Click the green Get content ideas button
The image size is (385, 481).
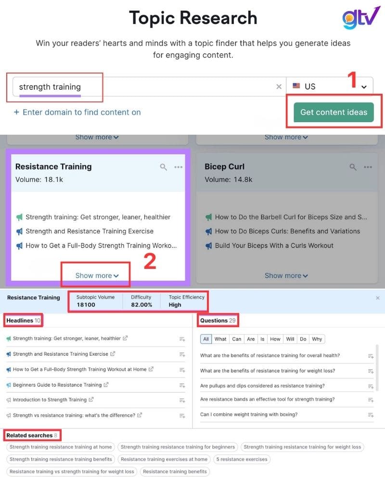click(x=334, y=112)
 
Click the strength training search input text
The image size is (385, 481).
click(x=50, y=87)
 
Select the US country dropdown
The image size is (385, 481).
click(x=330, y=87)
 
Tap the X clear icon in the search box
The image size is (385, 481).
click(x=279, y=87)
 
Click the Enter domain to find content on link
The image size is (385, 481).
click(x=77, y=112)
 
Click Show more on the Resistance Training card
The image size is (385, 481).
click(x=97, y=276)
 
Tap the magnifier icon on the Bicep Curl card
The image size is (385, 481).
click(x=353, y=167)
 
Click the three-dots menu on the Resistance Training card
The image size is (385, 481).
click(x=179, y=167)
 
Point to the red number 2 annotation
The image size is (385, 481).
click(x=150, y=261)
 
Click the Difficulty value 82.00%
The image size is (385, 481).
click(x=141, y=304)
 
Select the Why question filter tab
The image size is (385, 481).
click(x=317, y=339)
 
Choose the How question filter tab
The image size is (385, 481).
click(x=275, y=339)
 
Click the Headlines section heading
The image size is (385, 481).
click(x=20, y=320)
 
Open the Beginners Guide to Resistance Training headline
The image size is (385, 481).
click(x=57, y=385)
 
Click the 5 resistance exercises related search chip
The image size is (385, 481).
click(x=242, y=459)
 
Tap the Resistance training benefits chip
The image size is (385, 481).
click(x=175, y=471)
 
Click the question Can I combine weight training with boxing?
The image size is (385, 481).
click(x=249, y=414)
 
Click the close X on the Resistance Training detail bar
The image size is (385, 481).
click(x=377, y=298)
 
